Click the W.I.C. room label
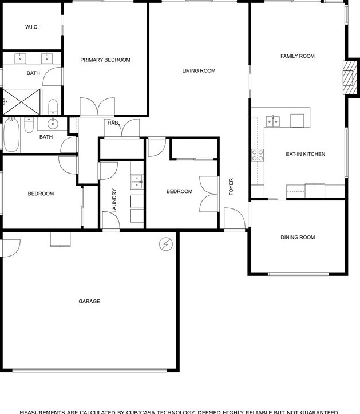click(x=31, y=27)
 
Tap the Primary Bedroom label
click(x=105, y=60)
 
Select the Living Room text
click(x=199, y=71)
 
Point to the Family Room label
click(x=298, y=56)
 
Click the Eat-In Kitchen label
click(x=306, y=154)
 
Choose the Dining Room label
click(x=298, y=238)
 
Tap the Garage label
click(x=89, y=301)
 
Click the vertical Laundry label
click(x=114, y=200)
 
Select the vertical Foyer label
click(x=231, y=187)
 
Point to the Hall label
click(x=113, y=123)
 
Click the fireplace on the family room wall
click(x=348, y=77)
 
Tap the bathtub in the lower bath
click(x=12, y=135)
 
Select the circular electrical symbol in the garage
click(x=166, y=244)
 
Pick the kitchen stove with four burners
click(x=258, y=155)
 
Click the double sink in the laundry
click(x=137, y=182)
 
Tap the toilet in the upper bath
click(x=53, y=106)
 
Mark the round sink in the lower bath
click(x=54, y=123)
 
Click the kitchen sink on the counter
click(x=274, y=120)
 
